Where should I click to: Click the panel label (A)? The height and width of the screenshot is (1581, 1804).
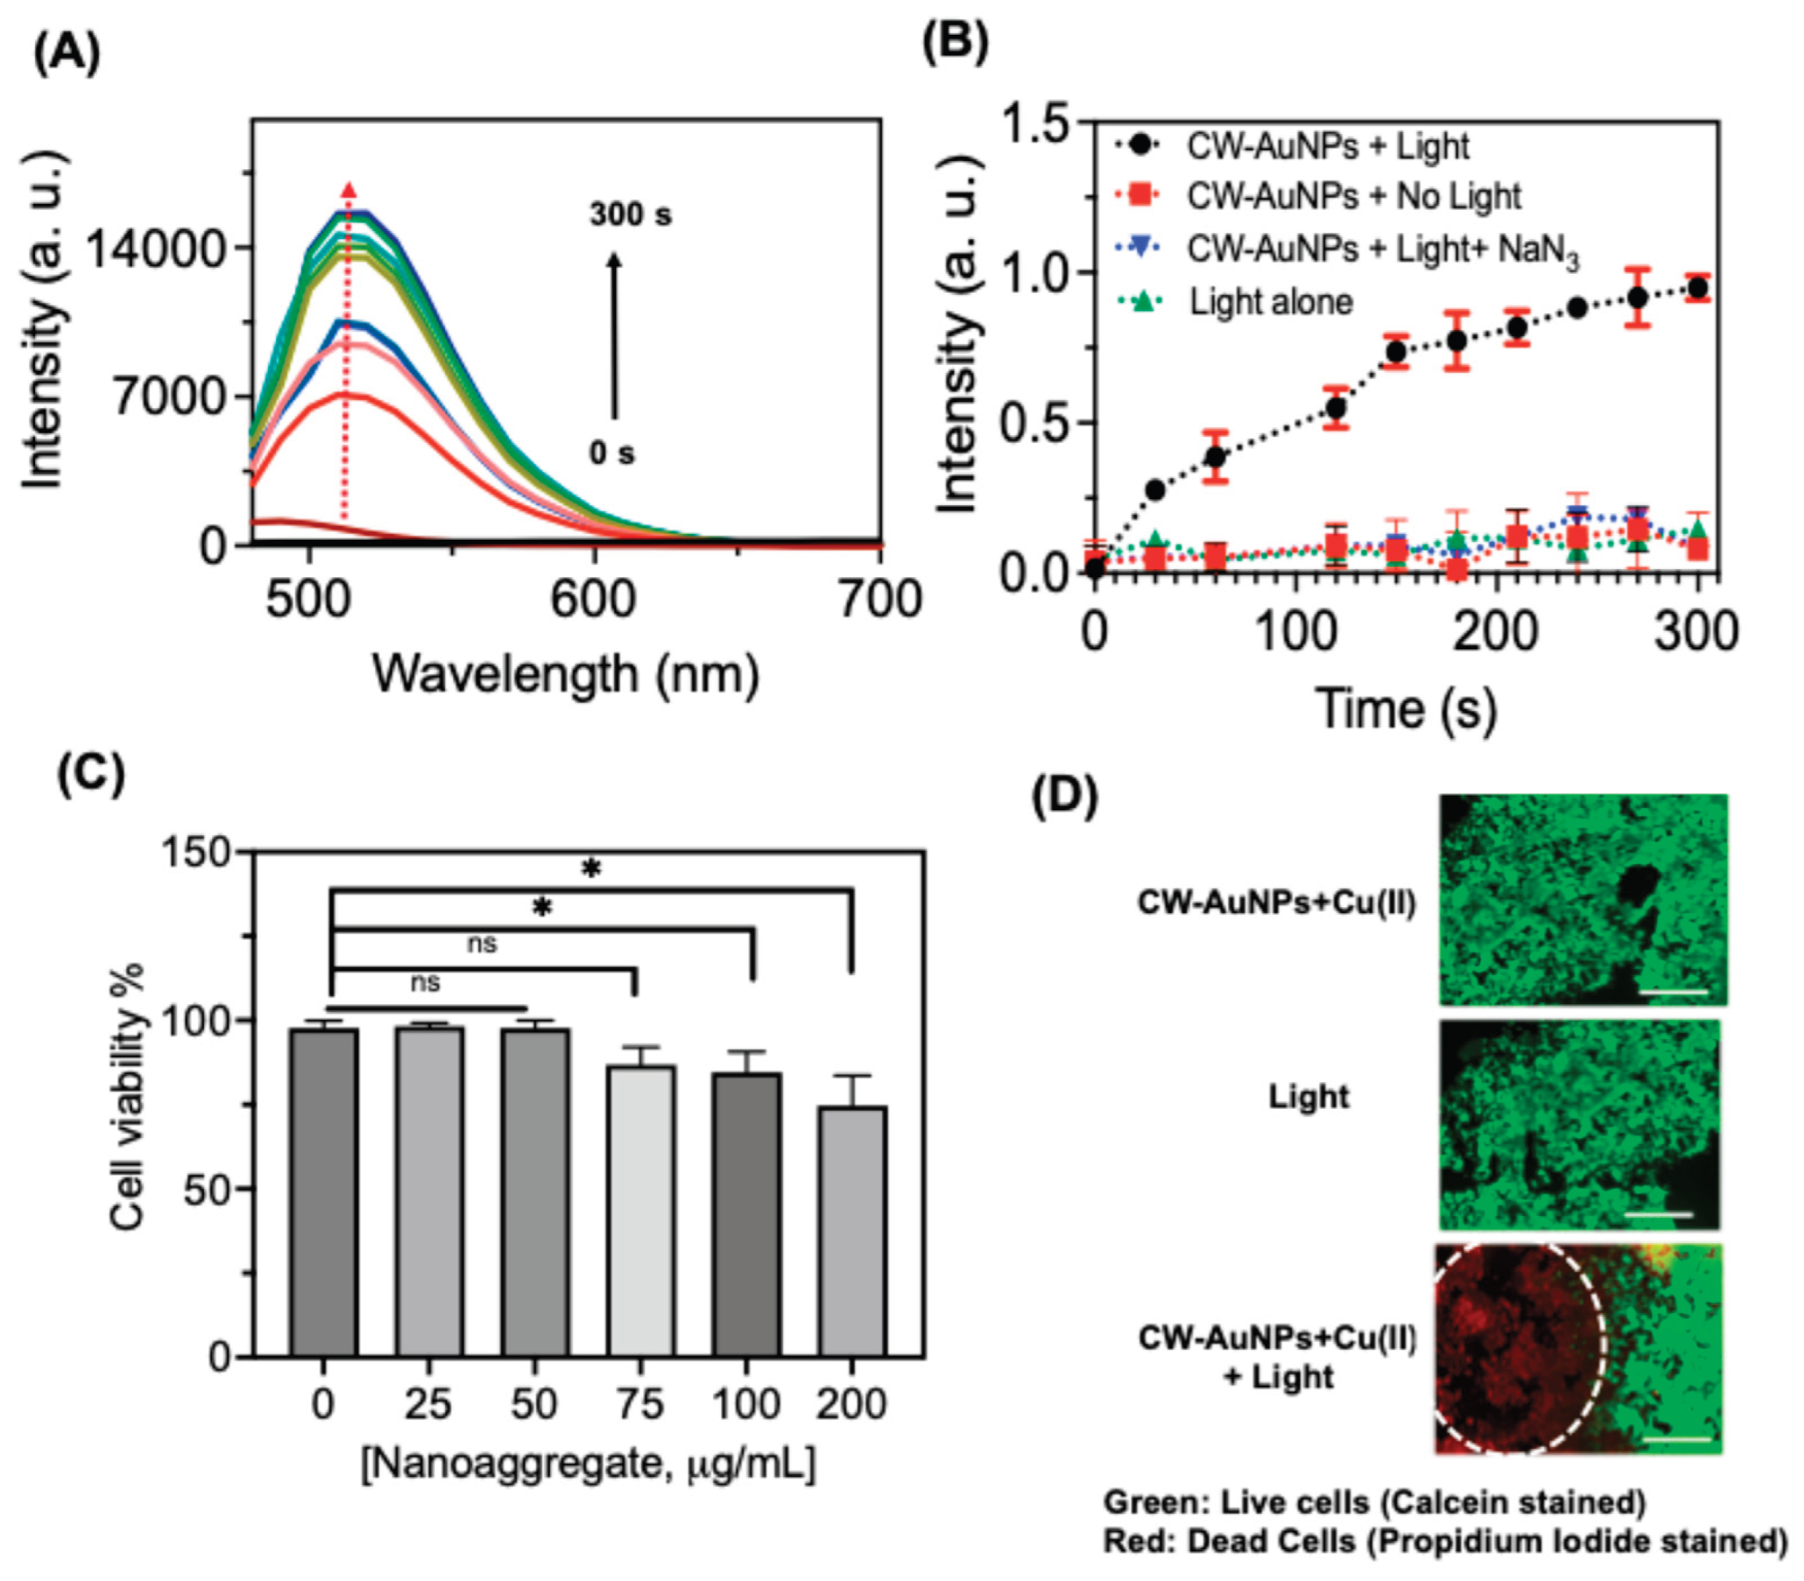point(66,55)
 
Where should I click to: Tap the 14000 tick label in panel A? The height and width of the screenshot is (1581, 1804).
point(156,250)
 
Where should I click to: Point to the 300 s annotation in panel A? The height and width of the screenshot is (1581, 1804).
point(630,215)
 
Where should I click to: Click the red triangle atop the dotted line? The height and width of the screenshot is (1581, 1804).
point(349,190)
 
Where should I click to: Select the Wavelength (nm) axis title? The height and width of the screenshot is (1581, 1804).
point(565,674)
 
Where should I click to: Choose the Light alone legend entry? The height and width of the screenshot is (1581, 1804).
point(1271,302)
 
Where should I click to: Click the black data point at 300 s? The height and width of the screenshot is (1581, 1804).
point(1697,287)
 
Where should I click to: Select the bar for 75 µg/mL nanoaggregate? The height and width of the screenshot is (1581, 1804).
point(640,1210)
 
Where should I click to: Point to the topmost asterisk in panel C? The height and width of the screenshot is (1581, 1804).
point(591,869)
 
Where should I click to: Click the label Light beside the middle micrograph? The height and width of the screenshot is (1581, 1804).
point(1308,1097)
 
